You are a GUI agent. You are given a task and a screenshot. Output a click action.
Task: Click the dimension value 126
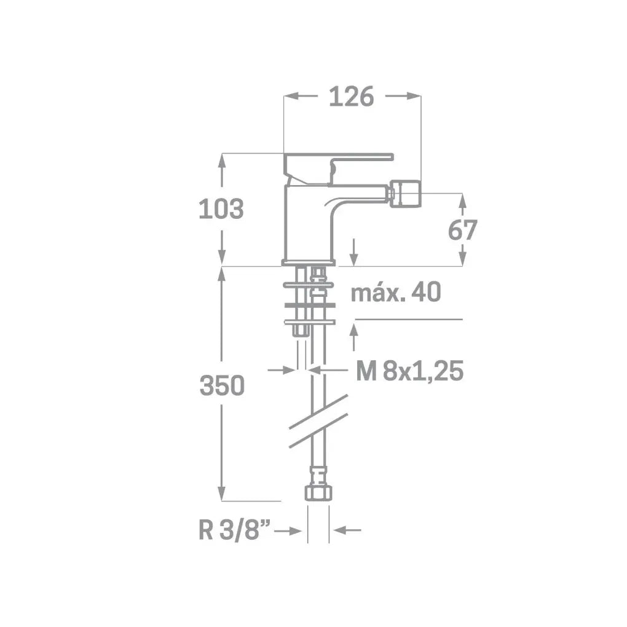coord(351,97)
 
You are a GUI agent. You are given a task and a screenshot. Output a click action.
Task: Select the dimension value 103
coord(221,209)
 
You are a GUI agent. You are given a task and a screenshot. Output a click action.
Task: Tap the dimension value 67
coord(463,230)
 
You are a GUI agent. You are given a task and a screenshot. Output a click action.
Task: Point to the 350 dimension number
coord(222,385)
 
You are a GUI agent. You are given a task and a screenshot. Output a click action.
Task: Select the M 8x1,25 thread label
coord(410,371)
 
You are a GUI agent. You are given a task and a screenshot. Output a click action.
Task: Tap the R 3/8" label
coord(235,530)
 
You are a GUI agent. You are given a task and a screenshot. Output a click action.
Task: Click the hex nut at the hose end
coord(318,492)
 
